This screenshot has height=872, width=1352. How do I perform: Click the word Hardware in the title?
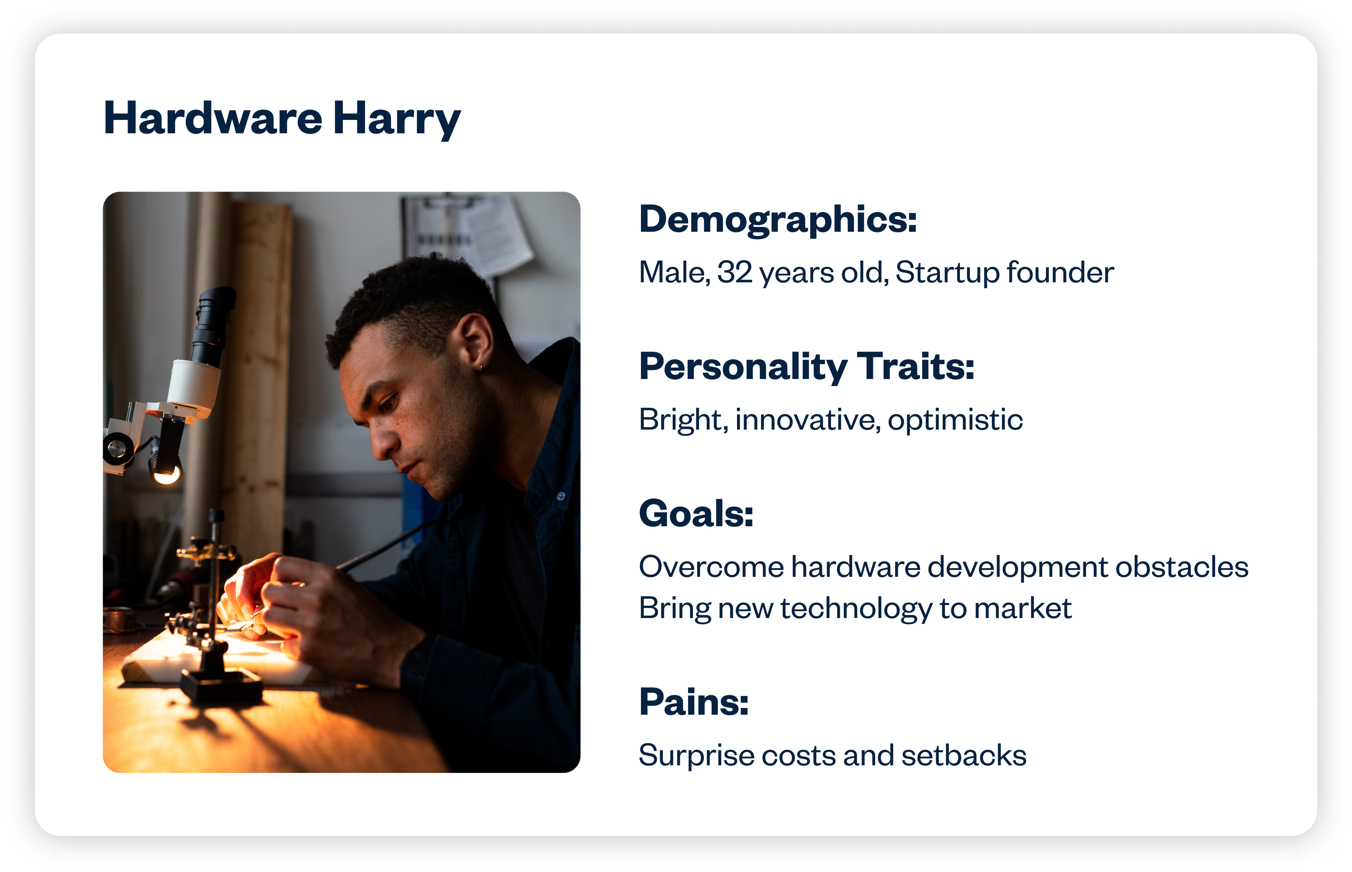(x=213, y=118)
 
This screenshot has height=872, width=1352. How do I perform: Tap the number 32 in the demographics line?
(x=735, y=272)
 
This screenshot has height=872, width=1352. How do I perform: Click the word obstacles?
(x=1182, y=567)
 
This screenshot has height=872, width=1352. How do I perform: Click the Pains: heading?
(x=694, y=702)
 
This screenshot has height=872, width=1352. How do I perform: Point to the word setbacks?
(x=964, y=755)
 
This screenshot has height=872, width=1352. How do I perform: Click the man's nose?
(x=381, y=442)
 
